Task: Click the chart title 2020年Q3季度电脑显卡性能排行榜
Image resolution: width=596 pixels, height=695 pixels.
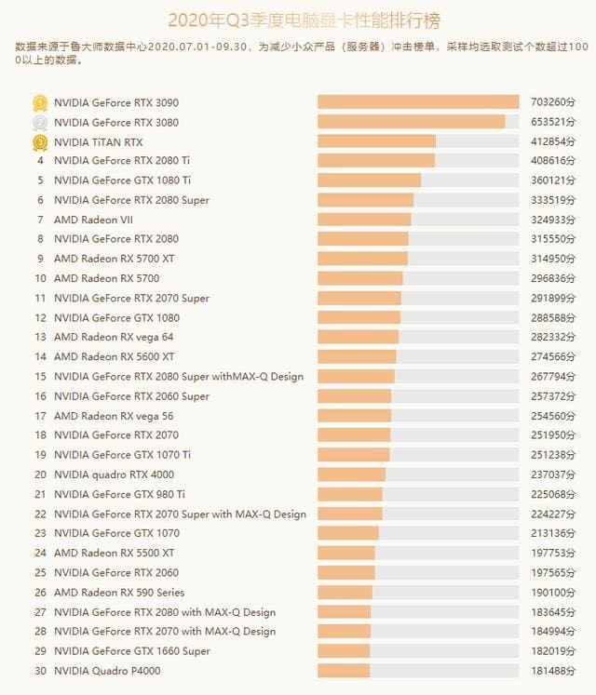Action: point(297,19)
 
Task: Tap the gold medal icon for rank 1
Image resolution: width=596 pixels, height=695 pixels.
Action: point(40,102)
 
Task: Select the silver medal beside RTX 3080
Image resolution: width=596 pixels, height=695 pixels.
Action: point(40,122)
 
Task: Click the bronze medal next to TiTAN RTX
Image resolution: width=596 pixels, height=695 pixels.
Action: point(40,141)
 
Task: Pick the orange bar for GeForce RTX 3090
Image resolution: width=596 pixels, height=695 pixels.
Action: point(418,102)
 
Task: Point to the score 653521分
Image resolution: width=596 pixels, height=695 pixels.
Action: point(550,122)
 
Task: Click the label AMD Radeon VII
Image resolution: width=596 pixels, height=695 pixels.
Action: point(94,220)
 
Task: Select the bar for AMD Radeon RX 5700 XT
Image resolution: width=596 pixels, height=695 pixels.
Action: point(363,259)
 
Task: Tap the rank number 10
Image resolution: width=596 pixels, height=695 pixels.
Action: point(40,278)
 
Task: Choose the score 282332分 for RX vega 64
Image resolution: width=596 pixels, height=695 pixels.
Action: point(550,337)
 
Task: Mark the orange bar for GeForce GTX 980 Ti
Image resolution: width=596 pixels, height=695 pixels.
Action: point(350,494)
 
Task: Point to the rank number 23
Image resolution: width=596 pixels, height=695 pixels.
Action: point(40,533)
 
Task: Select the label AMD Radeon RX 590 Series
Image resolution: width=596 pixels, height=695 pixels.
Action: point(119,593)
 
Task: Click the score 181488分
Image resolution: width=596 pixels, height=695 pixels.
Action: point(550,671)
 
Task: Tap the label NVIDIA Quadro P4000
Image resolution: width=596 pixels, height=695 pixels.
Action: point(108,671)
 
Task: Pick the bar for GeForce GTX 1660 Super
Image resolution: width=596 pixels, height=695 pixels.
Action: point(345,651)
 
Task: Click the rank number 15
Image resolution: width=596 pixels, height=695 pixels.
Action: point(40,377)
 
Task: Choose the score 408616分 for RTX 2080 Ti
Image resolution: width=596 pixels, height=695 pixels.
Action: point(550,161)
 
